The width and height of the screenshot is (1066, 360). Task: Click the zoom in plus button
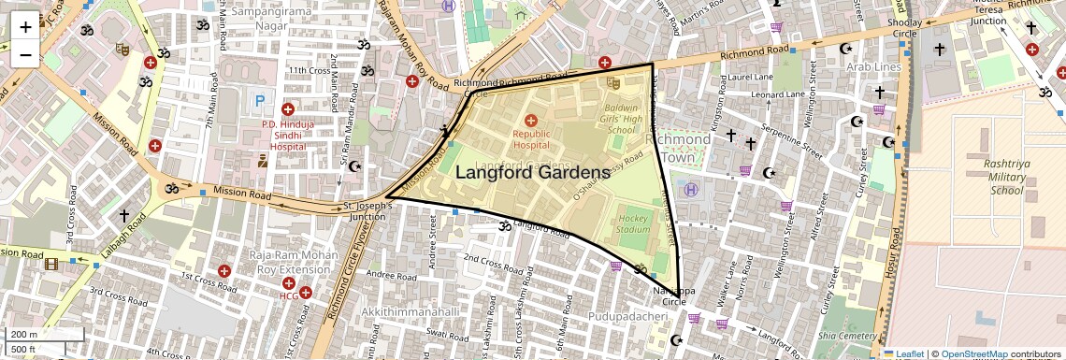pyautogui.click(x=25, y=26)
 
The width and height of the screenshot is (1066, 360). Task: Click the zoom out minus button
pyautogui.click(x=25, y=54)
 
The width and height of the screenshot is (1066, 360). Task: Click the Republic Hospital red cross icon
pyautogui.click(x=531, y=120)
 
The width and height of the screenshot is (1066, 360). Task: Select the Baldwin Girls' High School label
pyautogui.click(x=621, y=119)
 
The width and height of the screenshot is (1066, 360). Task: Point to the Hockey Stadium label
pyautogui.click(x=633, y=223)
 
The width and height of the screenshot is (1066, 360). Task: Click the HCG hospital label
pyautogui.click(x=289, y=296)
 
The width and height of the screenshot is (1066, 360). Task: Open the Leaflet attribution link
pyautogui.click(x=904, y=353)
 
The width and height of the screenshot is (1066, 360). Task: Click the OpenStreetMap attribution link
pyautogui.click(x=973, y=353)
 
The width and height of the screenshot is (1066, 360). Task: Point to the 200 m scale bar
pyautogui.click(x=44, y=335)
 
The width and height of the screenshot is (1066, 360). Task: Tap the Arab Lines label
pyautogui.click(x=873, y=67)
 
